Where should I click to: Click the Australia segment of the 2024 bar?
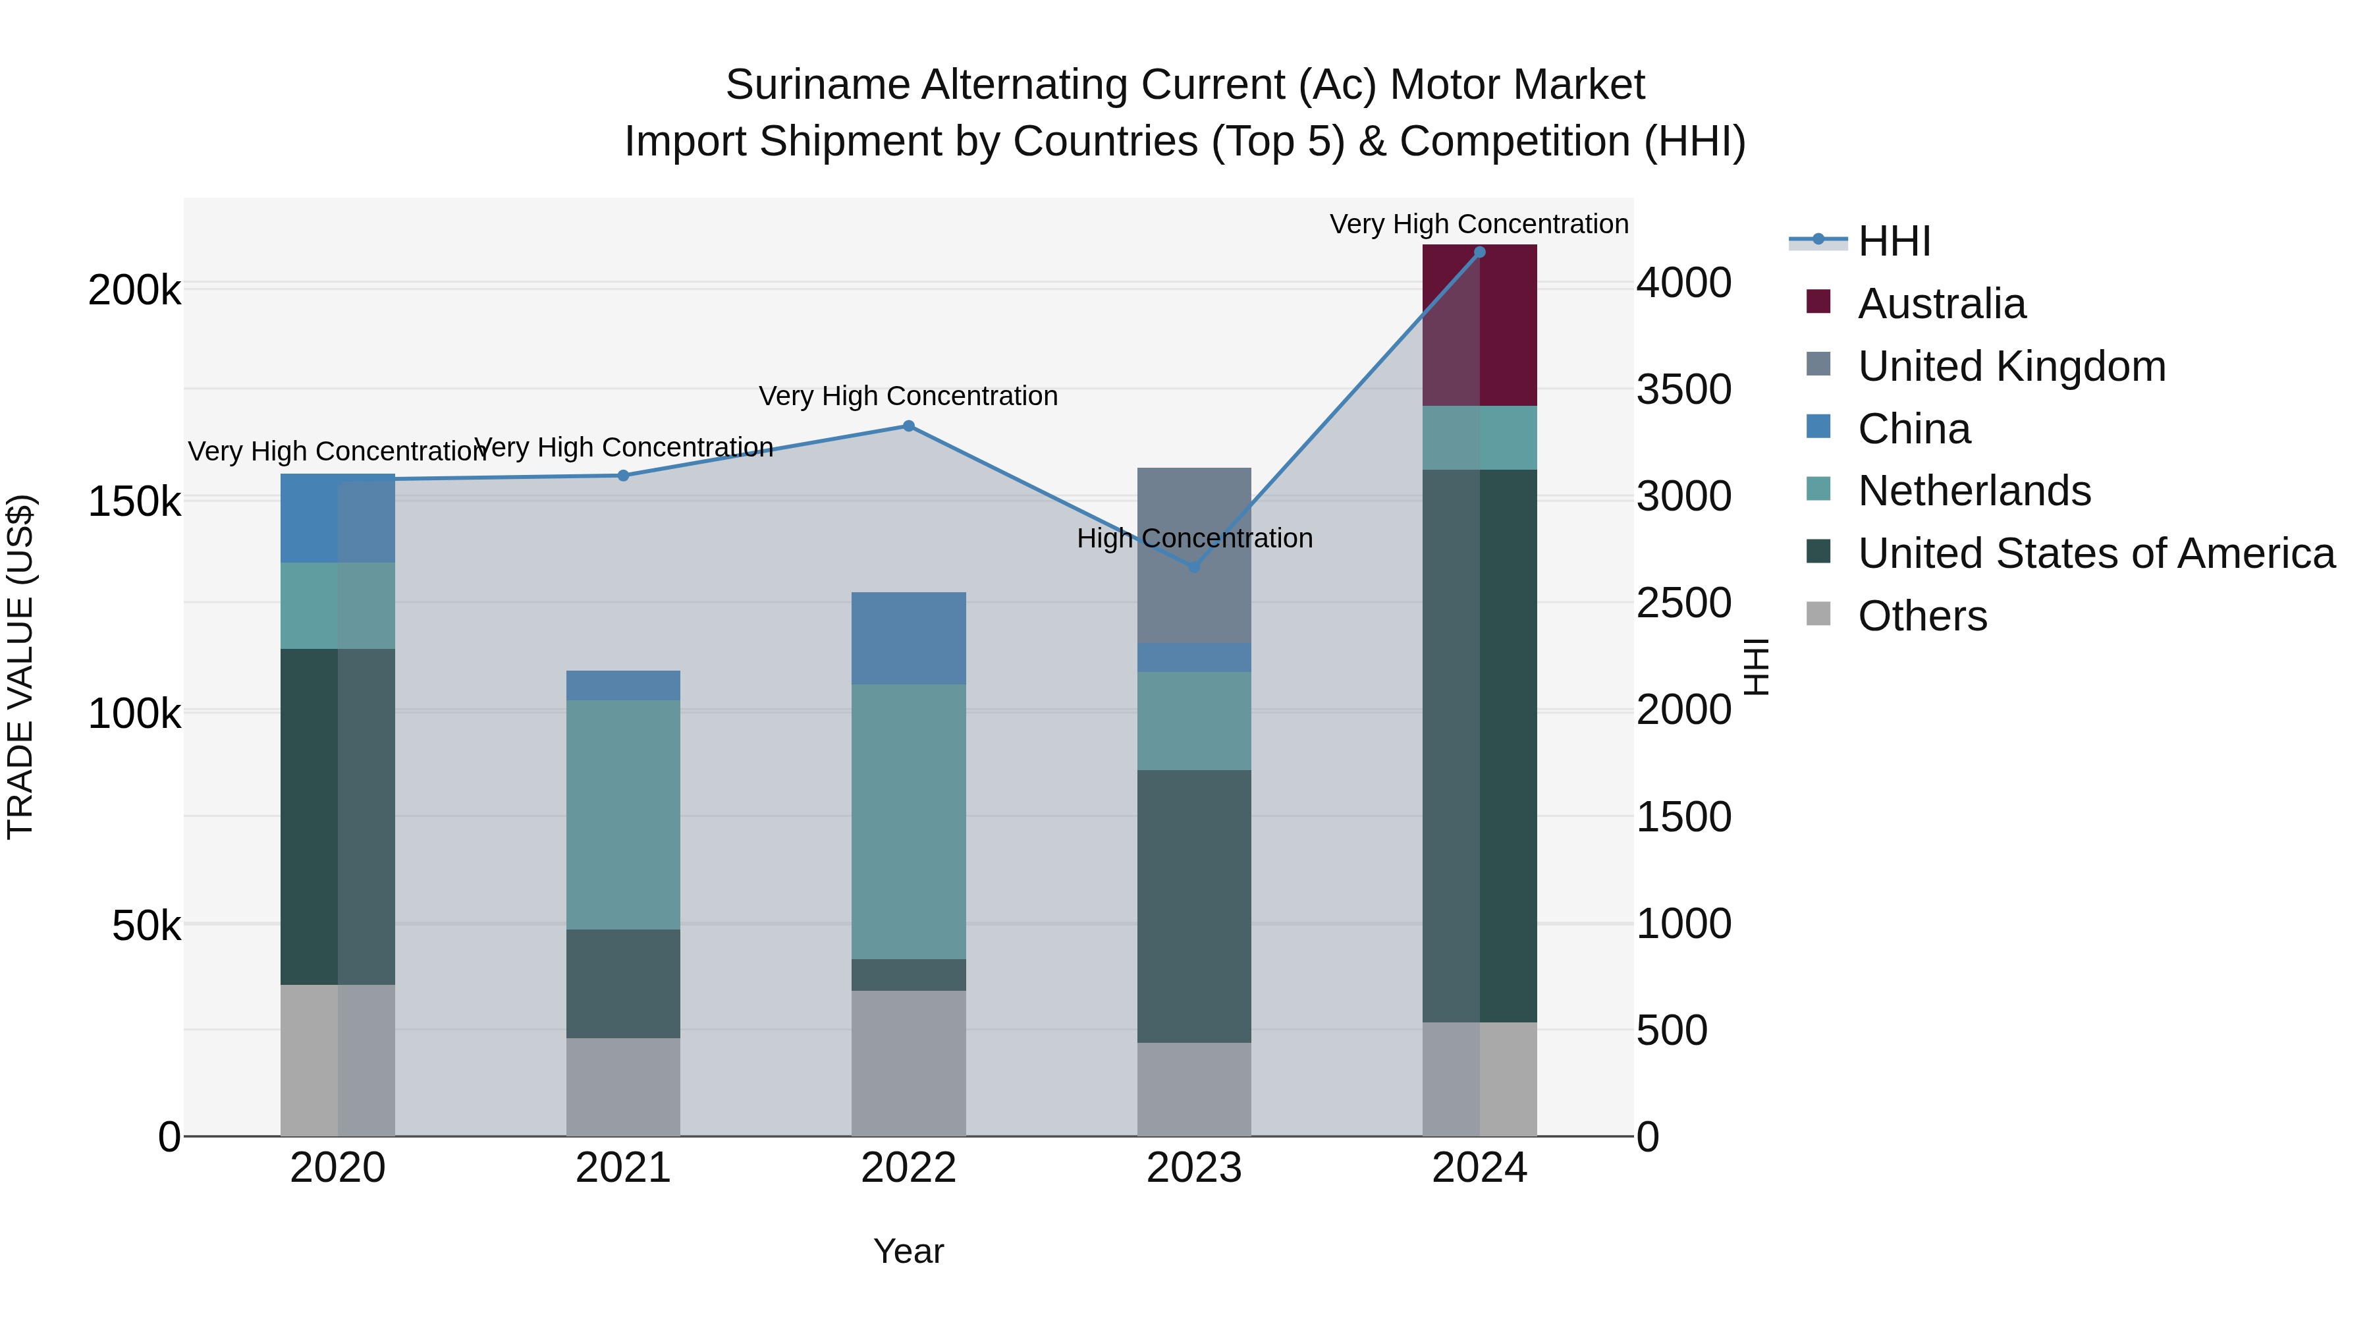(x=1479, y=325)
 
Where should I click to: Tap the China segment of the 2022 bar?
(x=908, y=638)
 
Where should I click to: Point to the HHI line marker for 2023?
(x=1195, y=567)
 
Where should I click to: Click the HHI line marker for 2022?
(x=908, y=426)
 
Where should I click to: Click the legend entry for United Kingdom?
(x=2011, y=366)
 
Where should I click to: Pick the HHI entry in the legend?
(x=1894, y=241)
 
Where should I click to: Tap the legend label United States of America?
(x=2096, y=553)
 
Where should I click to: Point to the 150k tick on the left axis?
(x=134, y=503)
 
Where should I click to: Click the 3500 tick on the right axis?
(x=1683, y=389)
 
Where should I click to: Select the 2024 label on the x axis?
(x=1479, y=1168)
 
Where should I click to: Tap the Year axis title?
(x=908, y=1251)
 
